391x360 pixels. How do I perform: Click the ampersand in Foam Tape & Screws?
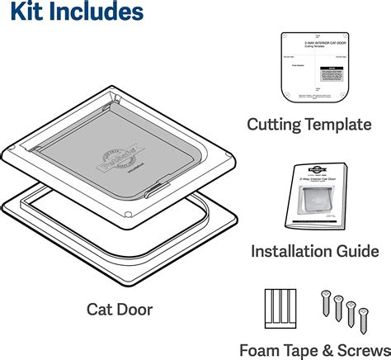tap(318, 349)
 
